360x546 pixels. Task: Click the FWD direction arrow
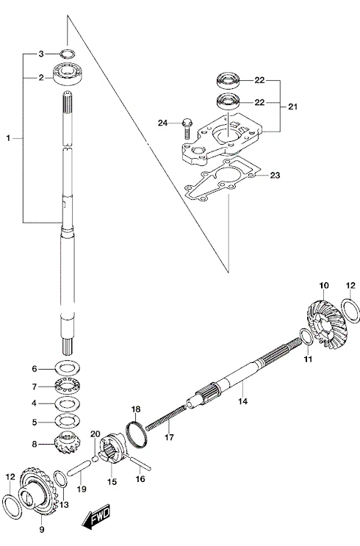[96, 516]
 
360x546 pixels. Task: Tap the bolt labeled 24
[186, 129]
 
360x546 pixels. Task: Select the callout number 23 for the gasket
[275, 175]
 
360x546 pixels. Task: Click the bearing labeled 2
[67, 73]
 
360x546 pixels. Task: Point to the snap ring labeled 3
[67, 54]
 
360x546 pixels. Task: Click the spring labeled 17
[165, 417]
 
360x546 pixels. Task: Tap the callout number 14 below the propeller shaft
[242, 401]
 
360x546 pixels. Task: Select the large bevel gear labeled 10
[323, 320]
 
